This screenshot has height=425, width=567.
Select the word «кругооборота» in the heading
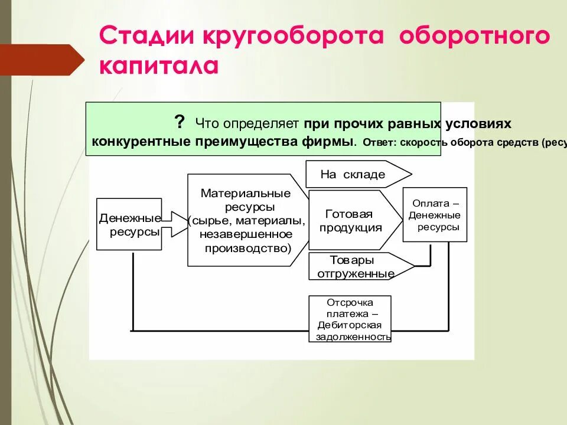(294, 37)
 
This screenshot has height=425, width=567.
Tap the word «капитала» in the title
(158, 65)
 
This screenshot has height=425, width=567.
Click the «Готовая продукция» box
(350, 221)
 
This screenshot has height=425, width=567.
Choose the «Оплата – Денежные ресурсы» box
(435, 214)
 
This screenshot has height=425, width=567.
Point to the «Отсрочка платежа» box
(350, 319)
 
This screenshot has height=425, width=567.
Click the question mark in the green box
(179, 122)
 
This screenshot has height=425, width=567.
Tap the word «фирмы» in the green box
(336, 142)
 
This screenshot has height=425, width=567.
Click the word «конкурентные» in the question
(141, 142)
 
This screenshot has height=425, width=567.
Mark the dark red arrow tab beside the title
(44, 60)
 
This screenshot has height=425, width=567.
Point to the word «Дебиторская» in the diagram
(349, 325)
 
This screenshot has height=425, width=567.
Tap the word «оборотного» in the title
(474, 37)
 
